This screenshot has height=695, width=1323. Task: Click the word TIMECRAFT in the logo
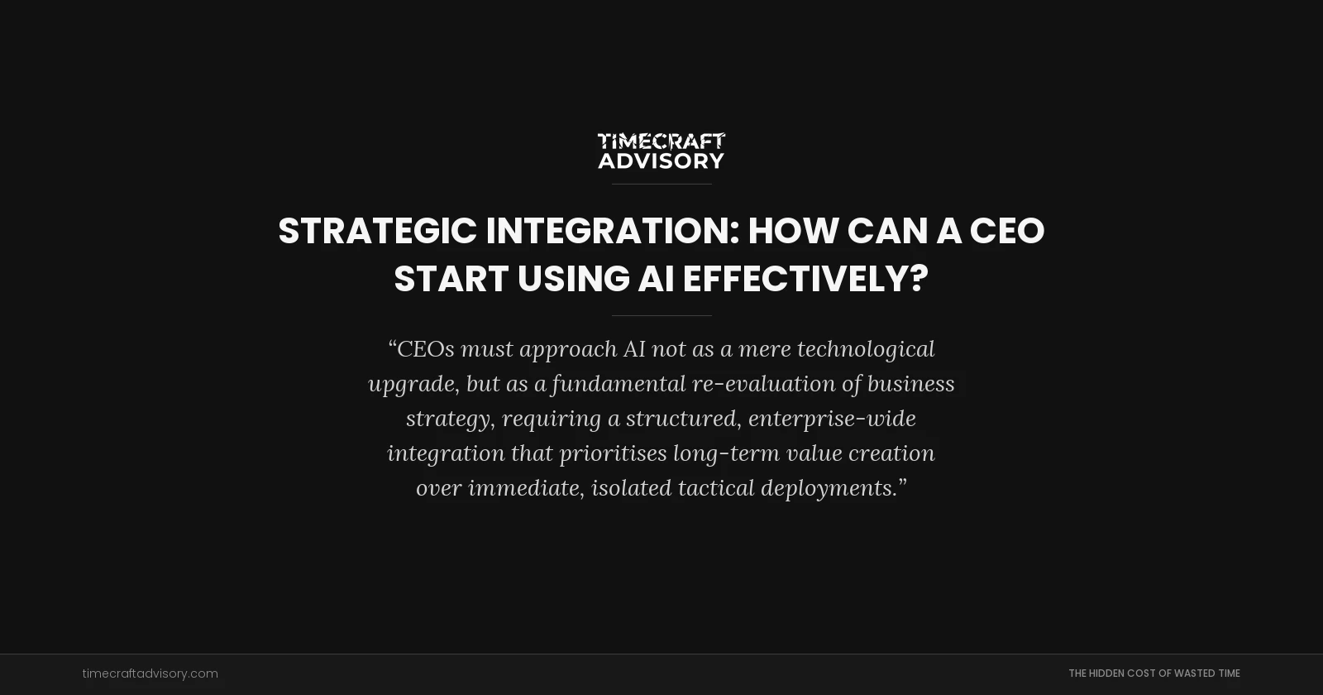pyautogui.click(x=661, y=141)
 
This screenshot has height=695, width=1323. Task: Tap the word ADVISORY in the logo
pyautogui.click(x=661, y=161)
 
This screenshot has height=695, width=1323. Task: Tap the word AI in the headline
pyautogui.click(x=655, y=279)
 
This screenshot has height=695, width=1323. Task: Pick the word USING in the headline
pyautogui.click(x=573, y=279)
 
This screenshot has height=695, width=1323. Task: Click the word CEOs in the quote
pyautogui.click(x=425, y=349)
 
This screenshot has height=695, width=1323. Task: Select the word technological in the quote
pyautogui.click(x=866, y=349)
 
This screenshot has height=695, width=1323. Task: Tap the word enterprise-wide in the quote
pyautogui.click(x=832, y=419)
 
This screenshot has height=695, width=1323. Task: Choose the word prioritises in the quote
pyautogui.click(x=613, y=453)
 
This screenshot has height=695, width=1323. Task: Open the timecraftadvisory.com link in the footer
pyautogui.click(x=150, y=673)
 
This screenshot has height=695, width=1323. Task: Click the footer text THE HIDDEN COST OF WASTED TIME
pyautogui.click(x=1153, y=673)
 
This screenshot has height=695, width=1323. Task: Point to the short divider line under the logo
pyautogui.click(x=661, y=184)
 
